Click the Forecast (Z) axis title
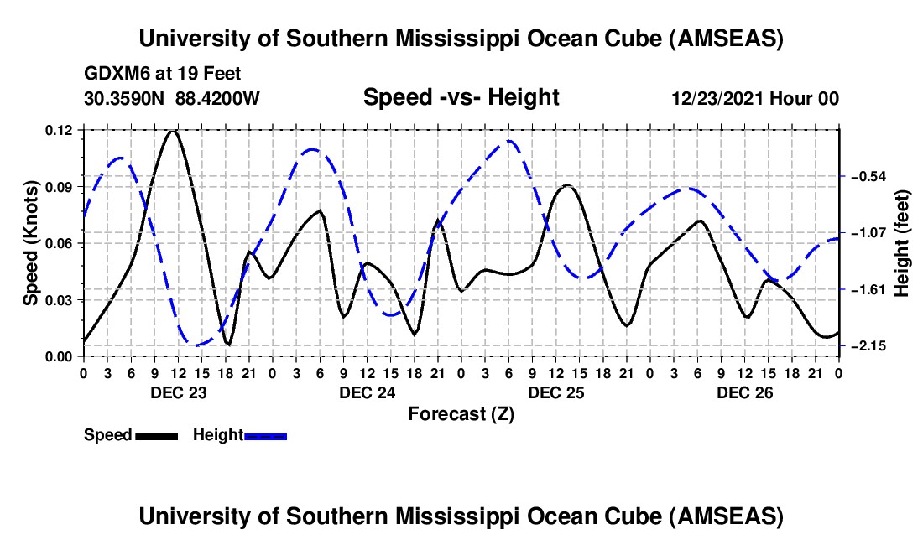coord(461,413)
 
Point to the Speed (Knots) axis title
coord(30,243)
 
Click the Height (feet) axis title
coord(903,243)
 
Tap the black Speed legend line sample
coord(156,435)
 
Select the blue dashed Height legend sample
coord(265,435)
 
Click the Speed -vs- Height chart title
coord(461,97)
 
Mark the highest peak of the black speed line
coord(173,131)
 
